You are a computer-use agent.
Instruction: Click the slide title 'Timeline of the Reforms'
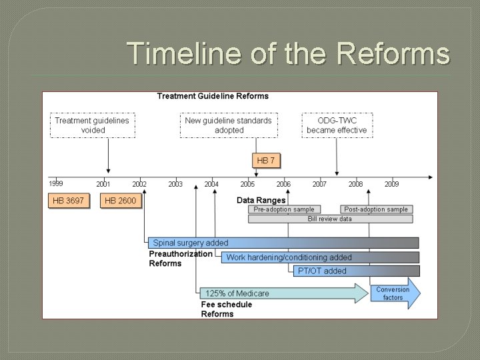[288, 54]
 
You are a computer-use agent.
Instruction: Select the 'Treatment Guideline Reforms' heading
[213, 96]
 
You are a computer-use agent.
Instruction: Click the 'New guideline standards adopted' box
[229, 125]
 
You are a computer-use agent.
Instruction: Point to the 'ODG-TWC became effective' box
[337, 125]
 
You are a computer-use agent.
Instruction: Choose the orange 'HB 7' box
[265, 161]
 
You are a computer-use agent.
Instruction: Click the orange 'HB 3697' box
[68, 201]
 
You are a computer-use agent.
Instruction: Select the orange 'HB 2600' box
[121, 201]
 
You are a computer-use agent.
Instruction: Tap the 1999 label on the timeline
[56, 183]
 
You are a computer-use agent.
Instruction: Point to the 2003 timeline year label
[175, 184]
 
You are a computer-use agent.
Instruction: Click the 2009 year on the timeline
[391, 184]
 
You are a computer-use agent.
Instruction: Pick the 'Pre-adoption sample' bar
[284, 209]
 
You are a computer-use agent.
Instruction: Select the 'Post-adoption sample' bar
[376, 209]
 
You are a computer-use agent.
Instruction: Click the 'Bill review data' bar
[330, 219]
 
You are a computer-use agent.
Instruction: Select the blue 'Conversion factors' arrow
[395, 293]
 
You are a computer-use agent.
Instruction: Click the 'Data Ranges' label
[261, 200]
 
